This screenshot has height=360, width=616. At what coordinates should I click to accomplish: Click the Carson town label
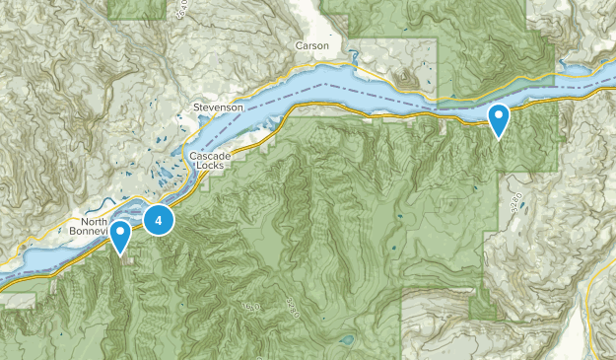click(x=312, y=46)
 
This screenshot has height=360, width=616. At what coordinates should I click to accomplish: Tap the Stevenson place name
click(x=218, y=107)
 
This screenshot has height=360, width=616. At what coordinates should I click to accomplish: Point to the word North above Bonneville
click(x=95, y=221)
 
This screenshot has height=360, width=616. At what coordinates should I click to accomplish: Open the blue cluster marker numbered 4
click(x=159, y=219)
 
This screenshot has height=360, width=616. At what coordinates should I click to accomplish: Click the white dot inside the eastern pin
click(x=500, y=117)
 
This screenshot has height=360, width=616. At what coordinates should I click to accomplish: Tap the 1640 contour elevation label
click(x=250, y=308)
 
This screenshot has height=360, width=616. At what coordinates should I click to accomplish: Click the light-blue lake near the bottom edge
click(x=345, y=341)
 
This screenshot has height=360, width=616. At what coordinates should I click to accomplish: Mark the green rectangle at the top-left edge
click(x=137, y=9)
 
